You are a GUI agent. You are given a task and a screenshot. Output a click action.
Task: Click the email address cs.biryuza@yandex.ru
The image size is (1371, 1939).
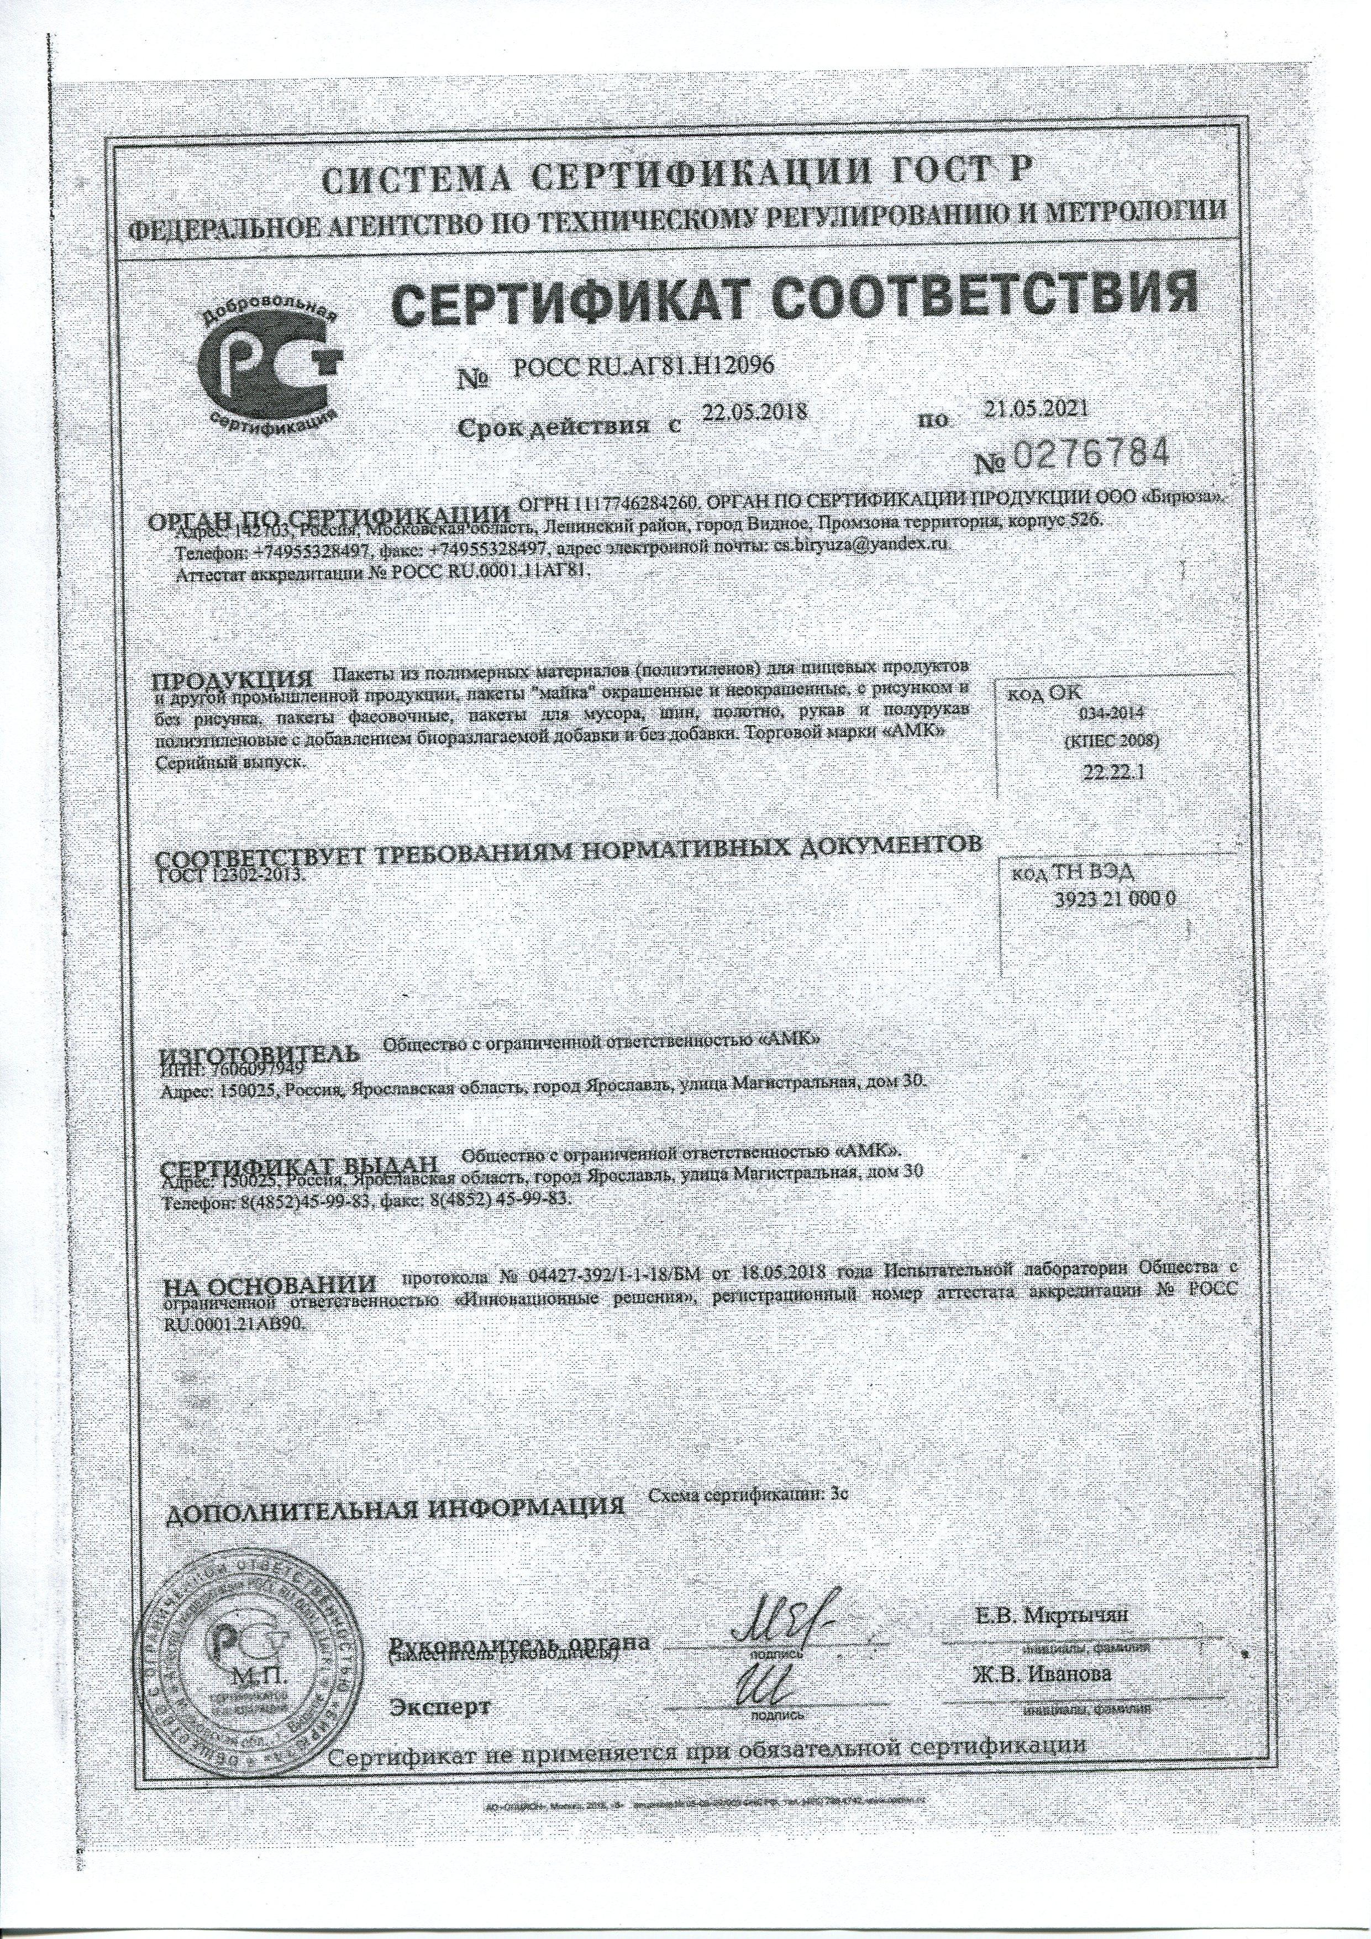click(862, 547)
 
